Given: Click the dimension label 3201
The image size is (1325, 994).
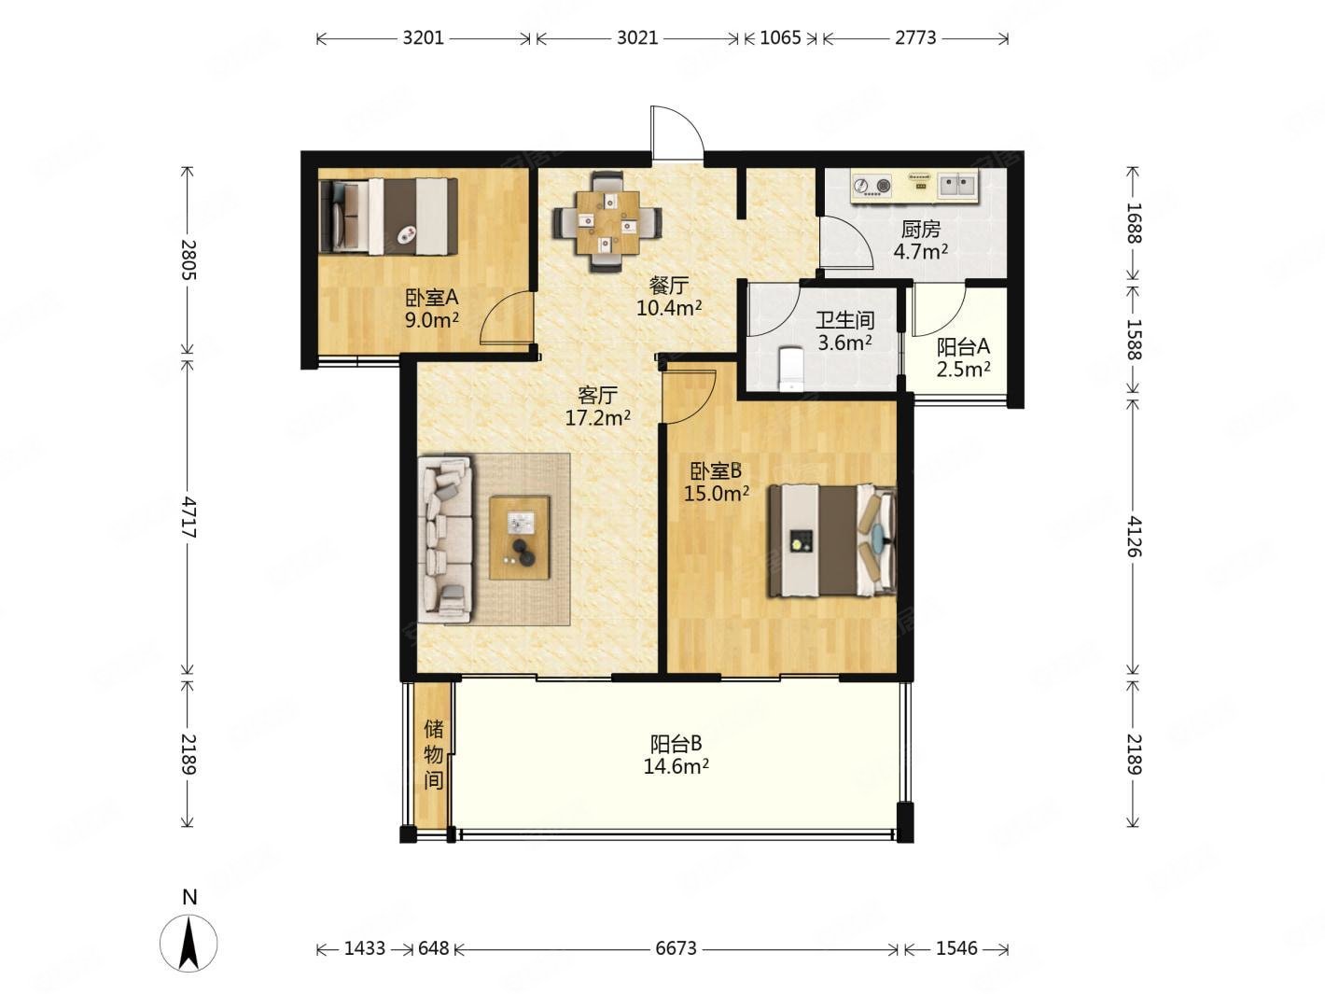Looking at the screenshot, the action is coord(423,38).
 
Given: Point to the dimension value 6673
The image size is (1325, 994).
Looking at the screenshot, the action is coord(676,948).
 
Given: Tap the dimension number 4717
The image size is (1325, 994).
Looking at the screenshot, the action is coord(188,517).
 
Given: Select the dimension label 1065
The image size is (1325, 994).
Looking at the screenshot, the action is coord(780,38).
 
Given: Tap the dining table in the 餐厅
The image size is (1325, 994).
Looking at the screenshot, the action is coord(607,223).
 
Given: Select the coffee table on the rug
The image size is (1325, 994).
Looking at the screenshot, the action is coord(520,538).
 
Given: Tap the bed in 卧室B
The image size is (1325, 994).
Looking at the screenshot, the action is coord(831,541).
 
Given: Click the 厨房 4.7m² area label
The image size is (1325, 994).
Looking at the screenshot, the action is coord(921,240).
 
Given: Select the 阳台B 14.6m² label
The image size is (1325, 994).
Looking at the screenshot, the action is coord(676,754).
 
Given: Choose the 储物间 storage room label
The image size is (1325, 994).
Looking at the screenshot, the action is coord(433,754).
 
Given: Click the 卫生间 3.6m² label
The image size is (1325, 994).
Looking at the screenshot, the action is coord(844,330).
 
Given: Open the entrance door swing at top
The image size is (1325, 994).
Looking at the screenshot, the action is coord(677,133).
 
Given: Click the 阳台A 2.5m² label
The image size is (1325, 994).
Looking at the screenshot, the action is coord(963,357).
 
